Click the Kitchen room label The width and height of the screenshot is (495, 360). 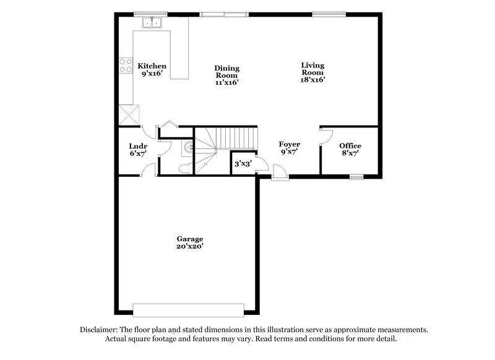click(x=152, y=66)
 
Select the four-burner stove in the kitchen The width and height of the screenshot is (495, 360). click(x=126, y=65)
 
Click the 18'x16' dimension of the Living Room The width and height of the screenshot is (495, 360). click(x=312, y=79)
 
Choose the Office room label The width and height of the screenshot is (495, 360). click(x=350, y=146)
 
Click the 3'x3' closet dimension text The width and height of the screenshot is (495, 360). click(x=242, y=165)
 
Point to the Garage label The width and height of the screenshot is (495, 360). click(x=189, y=239)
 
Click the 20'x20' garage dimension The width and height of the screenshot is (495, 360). click(x=189, y=246)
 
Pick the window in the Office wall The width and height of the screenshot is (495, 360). click(x=356, y=177)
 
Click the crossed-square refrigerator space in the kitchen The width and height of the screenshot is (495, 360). click(x=129, y=114)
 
